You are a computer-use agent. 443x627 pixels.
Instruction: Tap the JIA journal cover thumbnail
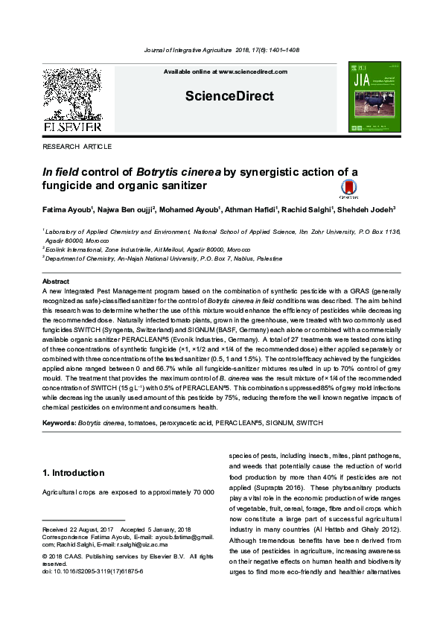point(374,98)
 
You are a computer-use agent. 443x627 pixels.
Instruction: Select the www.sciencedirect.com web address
point(252,71)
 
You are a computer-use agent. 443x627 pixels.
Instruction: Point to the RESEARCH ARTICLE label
point(77,147)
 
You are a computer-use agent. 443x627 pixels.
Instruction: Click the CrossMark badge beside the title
point(348,189)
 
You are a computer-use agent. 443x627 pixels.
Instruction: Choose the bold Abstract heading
point(56,281)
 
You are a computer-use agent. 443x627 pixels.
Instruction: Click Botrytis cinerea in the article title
point(187,172)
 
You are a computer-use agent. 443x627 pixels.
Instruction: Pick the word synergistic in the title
point(281,172)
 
